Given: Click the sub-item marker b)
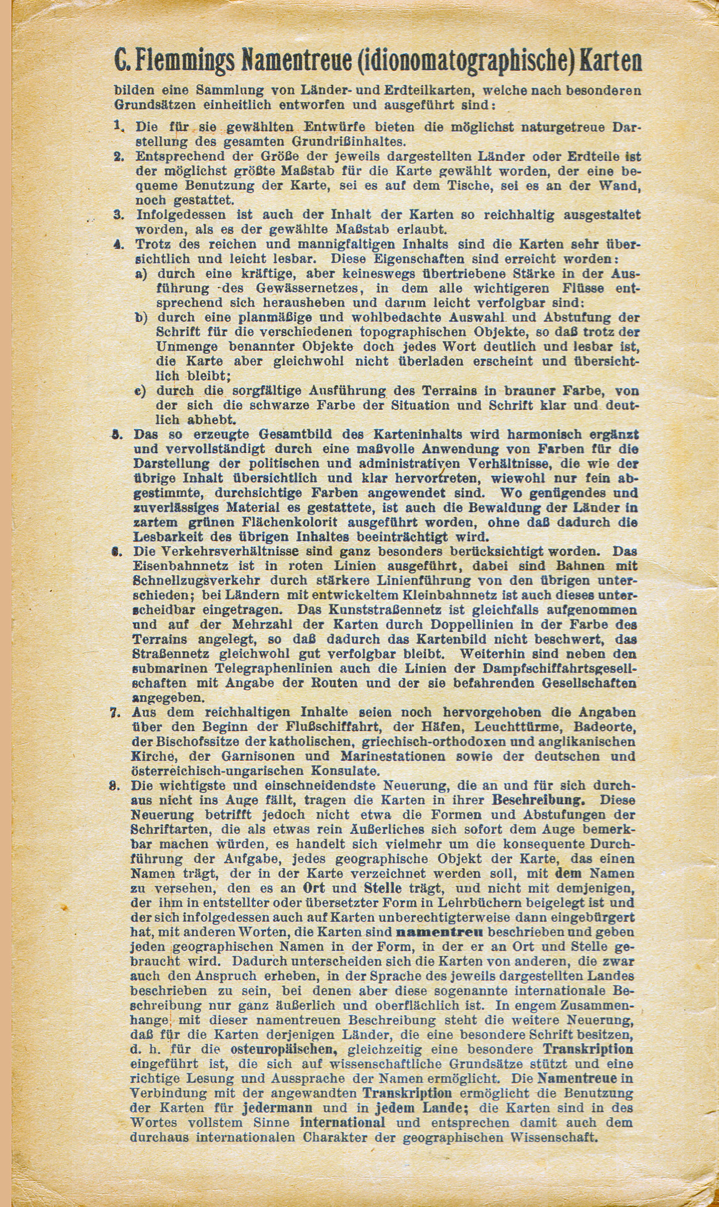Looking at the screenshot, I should click(141, 318).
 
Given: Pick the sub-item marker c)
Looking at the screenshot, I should click(140, 391).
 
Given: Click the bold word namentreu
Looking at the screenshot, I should click(440, 932).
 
